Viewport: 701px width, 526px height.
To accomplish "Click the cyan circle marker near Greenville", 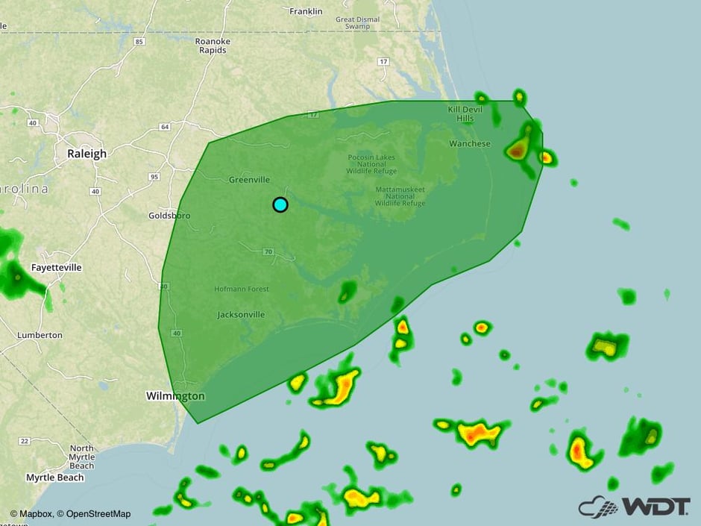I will click(280, 204).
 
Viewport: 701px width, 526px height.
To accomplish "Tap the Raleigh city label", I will click(87, 154).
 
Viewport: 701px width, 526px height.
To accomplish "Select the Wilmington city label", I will click(175, 395).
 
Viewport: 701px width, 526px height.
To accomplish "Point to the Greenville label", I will click(249, 180).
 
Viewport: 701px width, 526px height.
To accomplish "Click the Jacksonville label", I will click(241, 315).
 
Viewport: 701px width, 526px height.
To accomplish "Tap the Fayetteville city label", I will click(57, 267).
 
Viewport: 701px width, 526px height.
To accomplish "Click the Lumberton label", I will click(40, 335).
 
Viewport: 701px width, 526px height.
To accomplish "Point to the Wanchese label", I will click(470, 143).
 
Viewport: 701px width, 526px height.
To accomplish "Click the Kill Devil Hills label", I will click(465, 114).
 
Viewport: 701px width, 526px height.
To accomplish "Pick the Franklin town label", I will click(306, 11).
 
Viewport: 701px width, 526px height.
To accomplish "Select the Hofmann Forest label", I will click(240, 289).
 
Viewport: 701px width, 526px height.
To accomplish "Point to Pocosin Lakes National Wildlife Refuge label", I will click(371, 164).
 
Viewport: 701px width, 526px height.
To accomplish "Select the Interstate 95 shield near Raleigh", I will click(154, 177).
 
